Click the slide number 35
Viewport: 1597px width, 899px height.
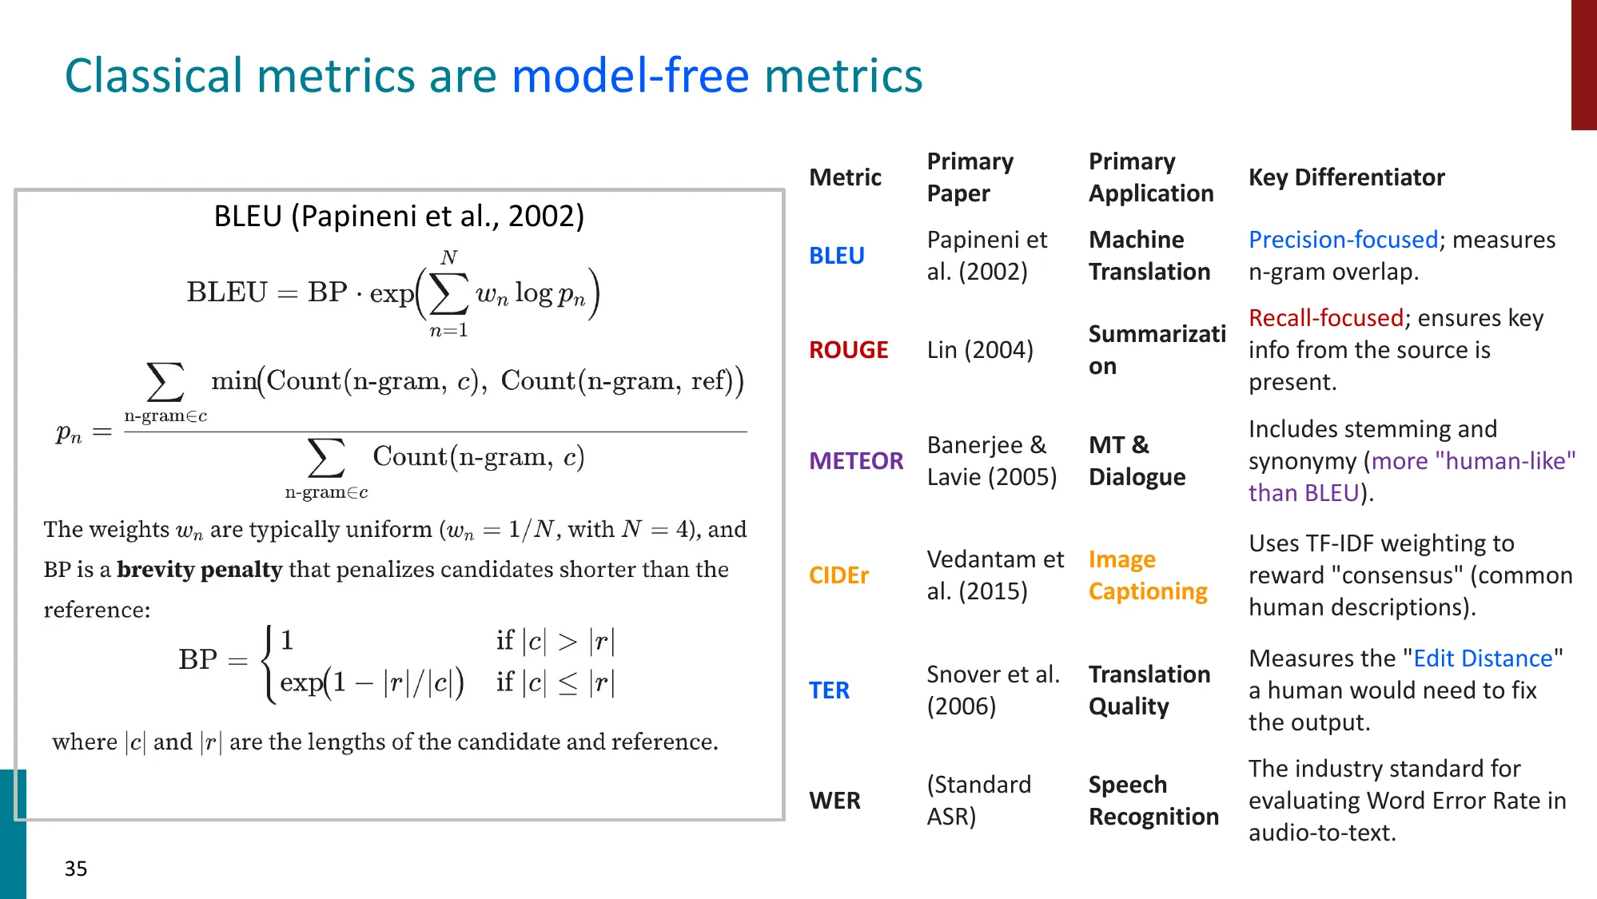click(76, 869)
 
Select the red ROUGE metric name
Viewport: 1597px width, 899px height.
click(848, 350)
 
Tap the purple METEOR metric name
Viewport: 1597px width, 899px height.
click(855, 461)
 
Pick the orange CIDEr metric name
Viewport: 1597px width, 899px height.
click(838, 575)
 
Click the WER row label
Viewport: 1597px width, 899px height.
click(834, 801)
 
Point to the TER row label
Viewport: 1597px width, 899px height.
click(829, 690)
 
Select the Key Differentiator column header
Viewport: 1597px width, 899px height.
click(1346, 177)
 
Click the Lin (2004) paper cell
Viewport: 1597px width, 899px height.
click(980, 350)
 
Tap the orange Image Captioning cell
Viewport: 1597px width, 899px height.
click(1148, 575)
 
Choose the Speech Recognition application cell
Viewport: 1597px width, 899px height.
click(1153, 801)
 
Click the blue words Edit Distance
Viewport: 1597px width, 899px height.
click(1483, 658)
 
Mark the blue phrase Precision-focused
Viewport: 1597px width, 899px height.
click(1343, 240)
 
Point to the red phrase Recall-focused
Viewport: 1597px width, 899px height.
click(1325, 318)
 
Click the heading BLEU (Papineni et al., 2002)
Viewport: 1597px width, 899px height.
click(399, 217)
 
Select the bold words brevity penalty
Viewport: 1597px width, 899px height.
click(199, 570)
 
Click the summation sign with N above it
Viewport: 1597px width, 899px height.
click(448, 294)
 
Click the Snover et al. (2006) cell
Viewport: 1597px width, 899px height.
click(993, 690)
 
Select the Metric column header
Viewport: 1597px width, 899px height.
click(845, 177)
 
